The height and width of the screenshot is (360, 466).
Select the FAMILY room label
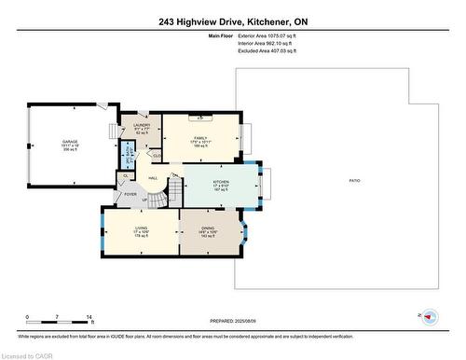click(200, 137)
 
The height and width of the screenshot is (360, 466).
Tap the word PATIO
click(354, 179)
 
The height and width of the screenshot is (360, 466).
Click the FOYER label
click(130, 194)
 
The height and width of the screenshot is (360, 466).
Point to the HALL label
click(153, 177)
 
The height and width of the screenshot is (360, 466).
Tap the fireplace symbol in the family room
click(201, 118)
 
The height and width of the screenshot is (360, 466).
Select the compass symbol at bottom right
click(431, 317)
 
